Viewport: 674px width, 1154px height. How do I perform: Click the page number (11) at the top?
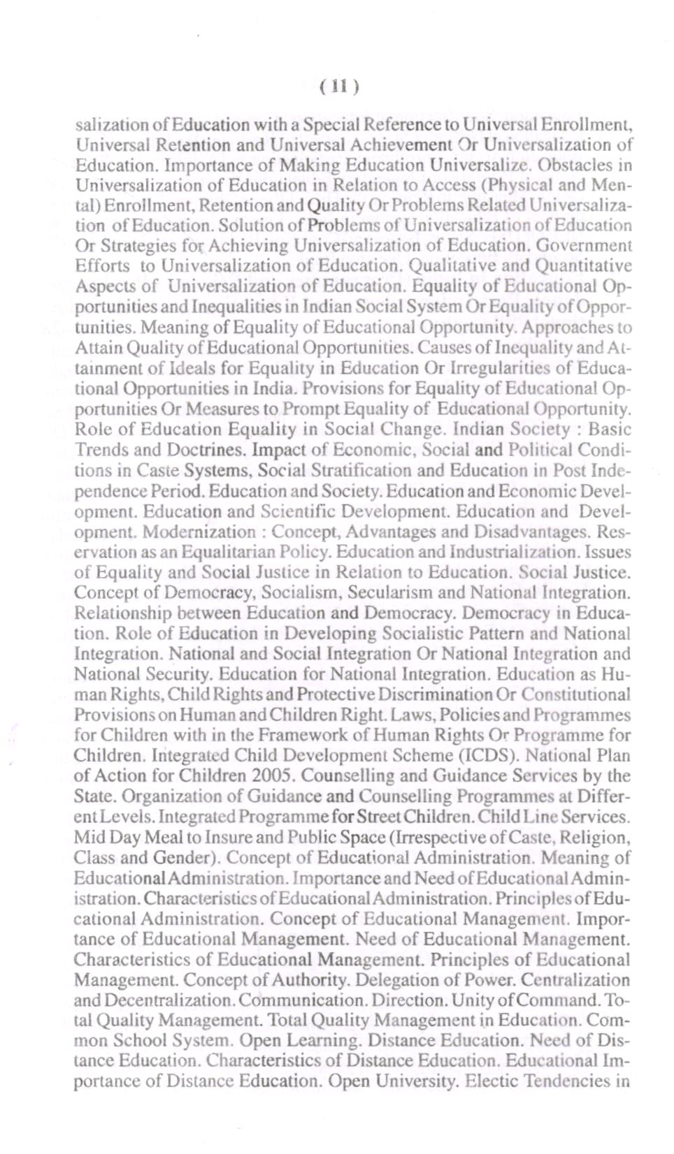pos(339,87)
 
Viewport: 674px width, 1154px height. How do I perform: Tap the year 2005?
pos(273,776)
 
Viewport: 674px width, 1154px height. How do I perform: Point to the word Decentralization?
pos(167,1000)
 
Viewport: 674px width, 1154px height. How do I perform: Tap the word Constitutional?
pos(575,695)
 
